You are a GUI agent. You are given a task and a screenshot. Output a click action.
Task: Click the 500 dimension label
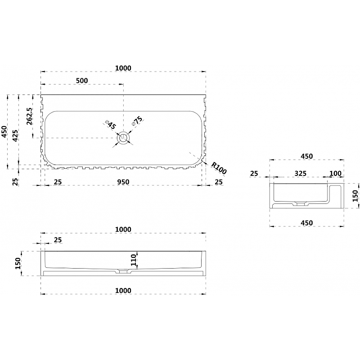[82, 81]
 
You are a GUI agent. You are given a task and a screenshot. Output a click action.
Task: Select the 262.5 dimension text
[30, 116]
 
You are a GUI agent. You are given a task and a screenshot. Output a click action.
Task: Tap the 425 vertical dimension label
[16, 136]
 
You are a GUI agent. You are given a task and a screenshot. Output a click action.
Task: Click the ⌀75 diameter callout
[137, 121]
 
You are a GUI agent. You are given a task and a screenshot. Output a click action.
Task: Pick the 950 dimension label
[123, 182]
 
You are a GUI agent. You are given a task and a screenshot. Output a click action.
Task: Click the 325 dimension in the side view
[301, 173]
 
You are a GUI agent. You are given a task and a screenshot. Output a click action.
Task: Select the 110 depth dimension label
[134, 260]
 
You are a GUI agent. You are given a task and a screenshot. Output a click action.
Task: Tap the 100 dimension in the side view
[335, 173]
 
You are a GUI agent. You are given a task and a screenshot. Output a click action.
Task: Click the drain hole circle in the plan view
[123, 138]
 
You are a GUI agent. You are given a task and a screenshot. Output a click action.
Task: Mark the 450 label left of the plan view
[4, 131]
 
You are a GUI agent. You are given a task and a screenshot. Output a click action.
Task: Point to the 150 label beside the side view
[355, 196]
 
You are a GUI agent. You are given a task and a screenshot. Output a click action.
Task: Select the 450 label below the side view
[306, 223]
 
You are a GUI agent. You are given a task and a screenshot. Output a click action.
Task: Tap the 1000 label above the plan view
[123, 68]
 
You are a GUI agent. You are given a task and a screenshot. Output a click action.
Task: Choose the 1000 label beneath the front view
[123, 290]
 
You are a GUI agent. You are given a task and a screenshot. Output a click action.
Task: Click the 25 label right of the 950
[219, 182]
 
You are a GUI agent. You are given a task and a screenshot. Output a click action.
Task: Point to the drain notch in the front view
[123, 271]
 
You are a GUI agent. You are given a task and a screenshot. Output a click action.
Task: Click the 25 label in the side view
[254, 173]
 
